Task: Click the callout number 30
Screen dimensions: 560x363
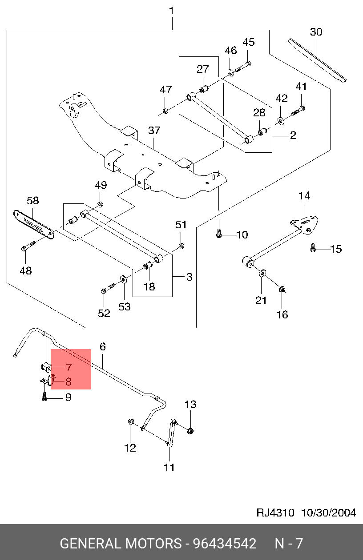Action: (316, 32)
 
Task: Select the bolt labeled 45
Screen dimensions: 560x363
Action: (243, 66)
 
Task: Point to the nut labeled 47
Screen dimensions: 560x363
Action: (165, 110)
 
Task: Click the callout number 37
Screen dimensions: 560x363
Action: (154, 131)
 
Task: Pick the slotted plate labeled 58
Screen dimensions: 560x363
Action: (34, 224)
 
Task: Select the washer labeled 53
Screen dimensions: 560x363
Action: (122, 280)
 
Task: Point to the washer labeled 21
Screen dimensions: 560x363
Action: (262, 272)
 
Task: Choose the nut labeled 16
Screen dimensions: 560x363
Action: (282, 290)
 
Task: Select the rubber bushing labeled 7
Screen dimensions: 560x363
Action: (46, 367)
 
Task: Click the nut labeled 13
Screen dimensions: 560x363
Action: (190, 430)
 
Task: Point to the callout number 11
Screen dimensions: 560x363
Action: (169, 467)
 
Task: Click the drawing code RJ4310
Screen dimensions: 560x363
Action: (275, 512)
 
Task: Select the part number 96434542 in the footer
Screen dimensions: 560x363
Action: (224, 544)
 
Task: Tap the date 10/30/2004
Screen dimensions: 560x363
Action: (329, 512)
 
